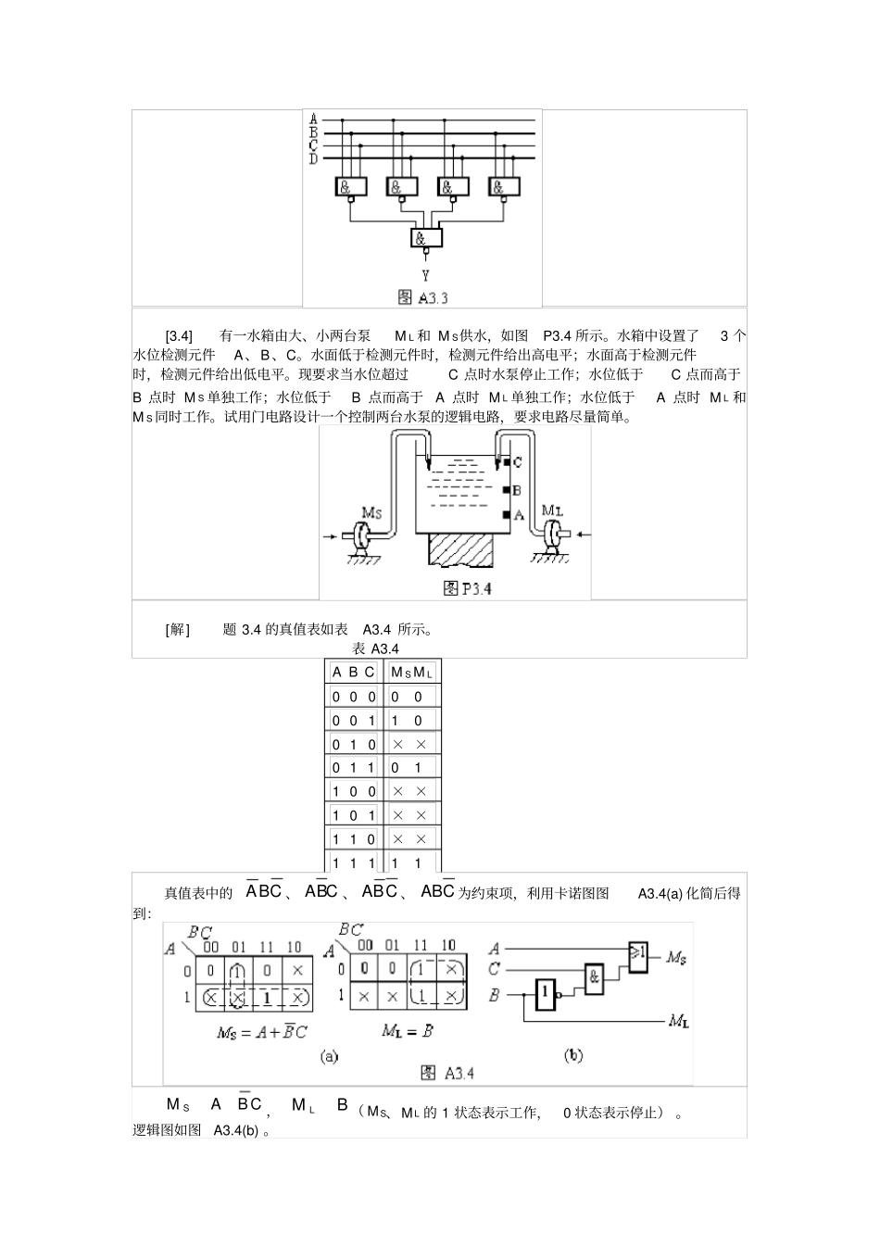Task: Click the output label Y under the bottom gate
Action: (425, 275)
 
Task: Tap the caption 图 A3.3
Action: (422, 297)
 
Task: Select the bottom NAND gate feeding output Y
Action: (426, 238)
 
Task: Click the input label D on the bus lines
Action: (313, 159)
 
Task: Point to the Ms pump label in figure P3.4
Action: (371, 511)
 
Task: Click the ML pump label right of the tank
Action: (551, 510)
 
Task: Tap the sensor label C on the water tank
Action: (517, 461)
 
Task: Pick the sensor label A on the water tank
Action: (519, 515)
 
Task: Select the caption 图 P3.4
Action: (468, 588)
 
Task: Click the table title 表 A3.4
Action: (376, 648)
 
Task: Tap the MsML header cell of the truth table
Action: (412, 673)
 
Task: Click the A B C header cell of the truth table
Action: (354, 673)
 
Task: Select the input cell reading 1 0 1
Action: (354, 815)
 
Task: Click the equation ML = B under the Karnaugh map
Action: (408, 1030)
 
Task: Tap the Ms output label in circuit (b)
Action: (676, 957)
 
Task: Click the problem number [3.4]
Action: (179, 335)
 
